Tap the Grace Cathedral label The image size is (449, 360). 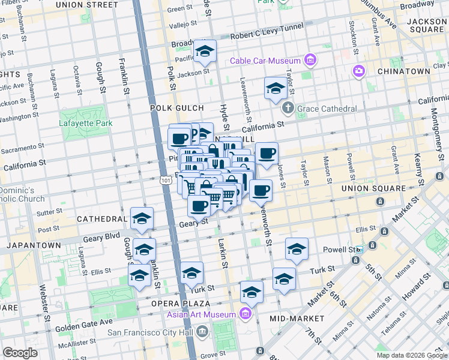pos(328,109)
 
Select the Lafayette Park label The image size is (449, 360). pos(86,124)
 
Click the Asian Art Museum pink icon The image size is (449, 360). pos(245,314)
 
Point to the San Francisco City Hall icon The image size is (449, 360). pos(202,331)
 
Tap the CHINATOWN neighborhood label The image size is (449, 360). pos(403,71)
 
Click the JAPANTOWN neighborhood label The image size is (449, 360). pos(34,245)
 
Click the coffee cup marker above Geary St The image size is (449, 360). pos(199,206)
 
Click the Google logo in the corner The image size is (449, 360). pos(20,352)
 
